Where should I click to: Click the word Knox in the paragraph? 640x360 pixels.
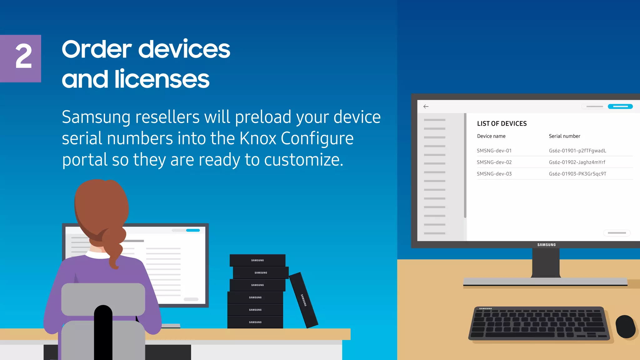[x=258, y=138]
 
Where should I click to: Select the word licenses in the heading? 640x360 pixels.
[x=162, y=79]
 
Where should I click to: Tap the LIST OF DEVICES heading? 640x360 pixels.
[x=502, y=124]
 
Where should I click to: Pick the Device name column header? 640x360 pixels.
[x=491, y=136]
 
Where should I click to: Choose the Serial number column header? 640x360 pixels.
[x=564, y=136]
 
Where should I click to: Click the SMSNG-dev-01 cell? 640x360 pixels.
[x=494, y=151]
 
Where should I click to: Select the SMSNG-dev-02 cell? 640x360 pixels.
[x=494, y=162]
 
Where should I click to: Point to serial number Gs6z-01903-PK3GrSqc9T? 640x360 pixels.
[x=577, y=174]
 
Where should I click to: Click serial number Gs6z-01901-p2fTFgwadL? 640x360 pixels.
[x=577, y=151]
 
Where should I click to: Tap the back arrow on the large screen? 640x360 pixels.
[x=426, y=107]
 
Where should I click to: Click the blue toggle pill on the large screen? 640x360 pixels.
[x=620, y=107]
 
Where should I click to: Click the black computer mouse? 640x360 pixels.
[x=625, y=326]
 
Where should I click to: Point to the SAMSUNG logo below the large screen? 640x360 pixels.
[x=547, y=245]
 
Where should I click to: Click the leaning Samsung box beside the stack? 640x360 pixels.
[x=303, y=300]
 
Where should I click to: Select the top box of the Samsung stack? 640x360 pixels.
[x=257, y=260]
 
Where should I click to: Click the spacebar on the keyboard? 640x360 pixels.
[x=520, y=335]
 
